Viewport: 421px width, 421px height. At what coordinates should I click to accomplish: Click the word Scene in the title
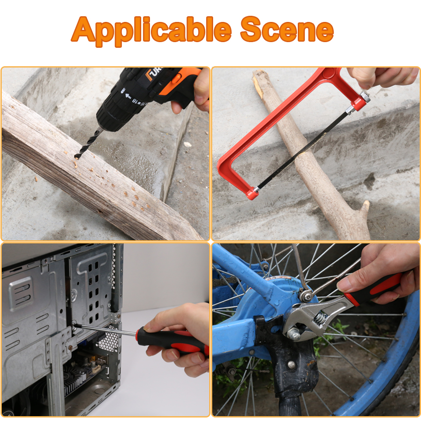(x=287, y=30)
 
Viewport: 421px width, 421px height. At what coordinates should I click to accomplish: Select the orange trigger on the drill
(x=176, y=79)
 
